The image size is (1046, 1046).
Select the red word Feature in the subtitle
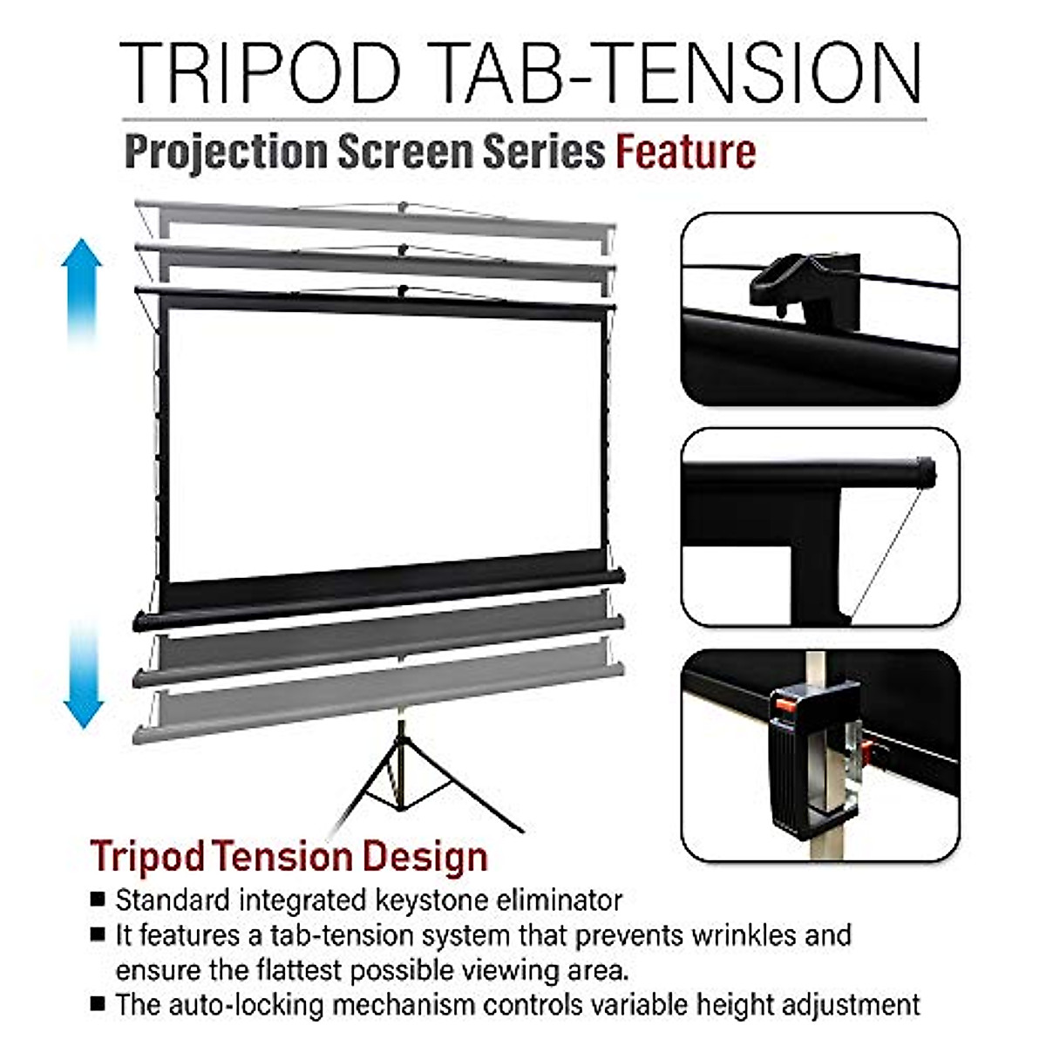[686, 153]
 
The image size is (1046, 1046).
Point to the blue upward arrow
[82, 288]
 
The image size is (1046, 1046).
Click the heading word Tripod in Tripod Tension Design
[146, 857]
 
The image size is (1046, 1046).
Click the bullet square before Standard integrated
[98, 899]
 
